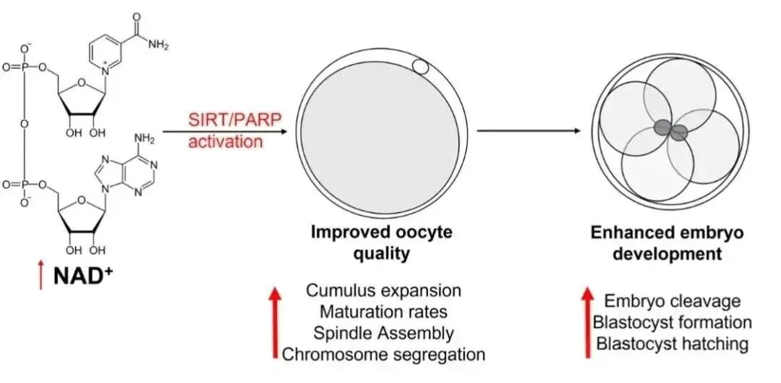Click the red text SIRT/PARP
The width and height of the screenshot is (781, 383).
click(x=226, y=119)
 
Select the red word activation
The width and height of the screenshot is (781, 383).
click(x=226, y=141)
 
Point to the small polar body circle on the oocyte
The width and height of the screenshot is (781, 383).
click(x=420, y=69)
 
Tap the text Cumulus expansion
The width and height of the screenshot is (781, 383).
click(x=383, y=290)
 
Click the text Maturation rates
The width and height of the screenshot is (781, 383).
click(x=383, y=311)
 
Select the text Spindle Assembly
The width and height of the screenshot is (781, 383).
click(x=383, y=332)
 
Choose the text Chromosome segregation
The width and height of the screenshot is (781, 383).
click(x=383, y=354)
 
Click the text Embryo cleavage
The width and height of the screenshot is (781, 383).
click(x=673, y=301)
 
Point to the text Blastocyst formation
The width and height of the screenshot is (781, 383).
click(x=673, y=322)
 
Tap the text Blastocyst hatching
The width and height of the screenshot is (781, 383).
click(x=673, y=343)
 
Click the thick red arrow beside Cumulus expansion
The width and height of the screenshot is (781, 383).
click(x=274, y=321)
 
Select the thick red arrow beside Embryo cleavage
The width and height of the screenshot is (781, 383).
click(x=587, y=321)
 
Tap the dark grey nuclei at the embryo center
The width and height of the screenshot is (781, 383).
click(x=670, y=130)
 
